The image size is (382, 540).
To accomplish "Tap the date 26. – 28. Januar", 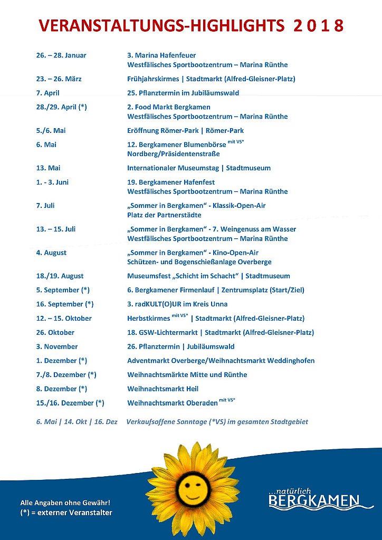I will tap(61, 55).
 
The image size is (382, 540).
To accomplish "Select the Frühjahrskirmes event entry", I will tap(211, 79).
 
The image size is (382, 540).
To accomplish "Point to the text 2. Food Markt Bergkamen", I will tap(169, 107).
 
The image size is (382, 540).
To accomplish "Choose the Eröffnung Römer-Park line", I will tap(185, 130).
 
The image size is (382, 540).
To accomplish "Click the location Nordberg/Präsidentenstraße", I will tap(174, 154).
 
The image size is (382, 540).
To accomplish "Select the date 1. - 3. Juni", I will tap(52, 182).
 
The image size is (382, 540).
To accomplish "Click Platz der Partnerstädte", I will tap(164, 215).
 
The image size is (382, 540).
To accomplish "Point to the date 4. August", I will tap(51, 253).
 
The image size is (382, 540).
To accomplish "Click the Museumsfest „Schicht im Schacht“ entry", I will tap(208, 276).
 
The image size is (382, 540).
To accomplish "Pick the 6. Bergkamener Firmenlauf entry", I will tap(216, 290).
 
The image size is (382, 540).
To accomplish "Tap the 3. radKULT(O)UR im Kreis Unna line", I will tap(177, 304).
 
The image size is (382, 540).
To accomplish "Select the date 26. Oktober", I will tap(55, 333).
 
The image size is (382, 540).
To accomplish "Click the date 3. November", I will tap(57, 346).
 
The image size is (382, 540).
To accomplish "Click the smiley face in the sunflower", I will tap(192, 488).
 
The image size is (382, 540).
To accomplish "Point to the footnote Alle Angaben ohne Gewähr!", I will tap(65, 503).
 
